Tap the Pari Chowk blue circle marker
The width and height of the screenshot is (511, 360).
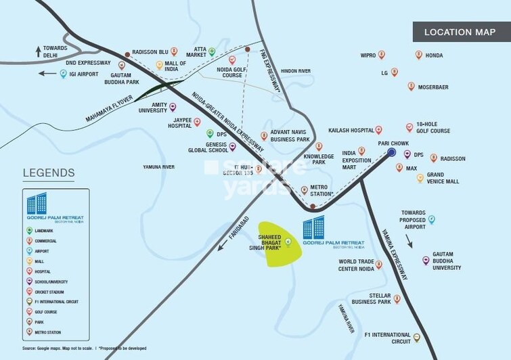click(x=391, y=153)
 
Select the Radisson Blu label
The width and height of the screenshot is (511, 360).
click(x=150, y=51)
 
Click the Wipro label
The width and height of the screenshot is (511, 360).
click(x=368, y=55)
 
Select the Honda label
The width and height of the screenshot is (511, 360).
click(x=434, y=55)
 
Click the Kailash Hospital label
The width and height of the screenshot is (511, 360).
click(x=351, y=129)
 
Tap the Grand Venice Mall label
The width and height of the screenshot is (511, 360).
click(x=442, y=178)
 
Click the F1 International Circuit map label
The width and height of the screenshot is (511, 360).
click(x=387, y=338)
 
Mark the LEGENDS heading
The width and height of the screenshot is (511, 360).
click(x=48, y=173)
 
